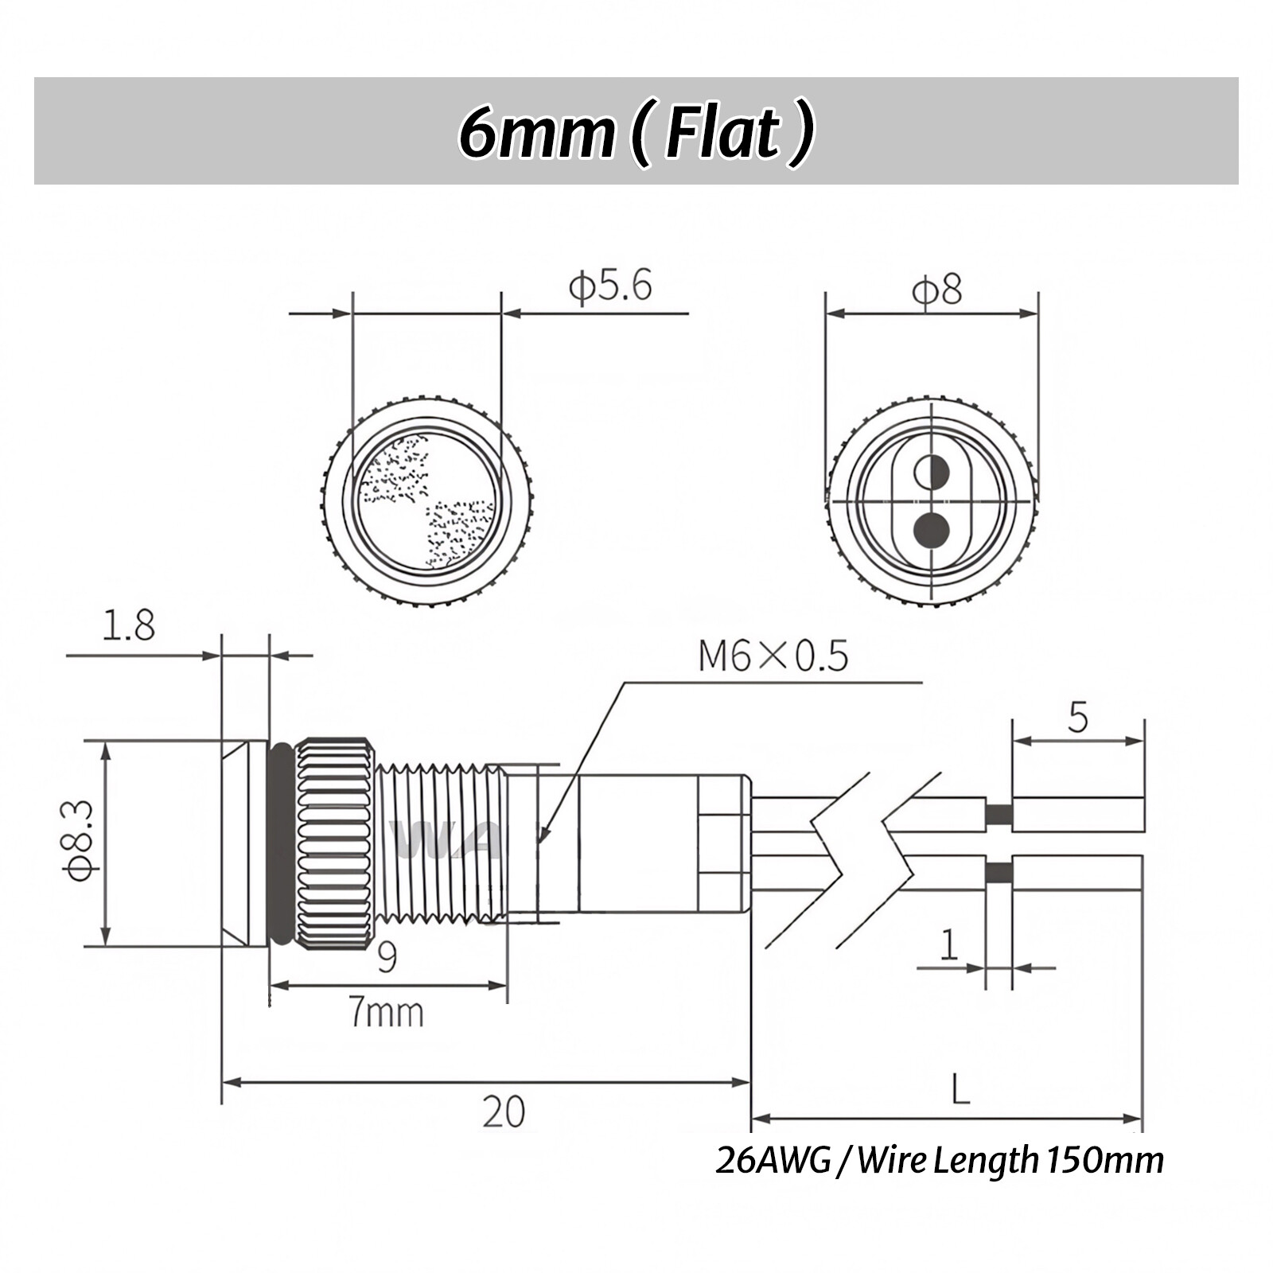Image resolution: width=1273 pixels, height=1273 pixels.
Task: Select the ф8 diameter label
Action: [936, 290]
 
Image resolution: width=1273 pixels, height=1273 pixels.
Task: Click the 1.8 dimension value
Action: [128, 626]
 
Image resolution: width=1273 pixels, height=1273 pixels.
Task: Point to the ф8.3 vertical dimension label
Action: [80, 841]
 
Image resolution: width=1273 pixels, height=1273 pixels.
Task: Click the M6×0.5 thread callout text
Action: [773, 656]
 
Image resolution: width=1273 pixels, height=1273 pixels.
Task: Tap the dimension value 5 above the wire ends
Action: [1077, 718]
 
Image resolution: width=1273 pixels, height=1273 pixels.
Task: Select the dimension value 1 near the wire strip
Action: [948, 946]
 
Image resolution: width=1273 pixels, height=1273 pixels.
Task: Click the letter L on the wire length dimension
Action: [960, 1089]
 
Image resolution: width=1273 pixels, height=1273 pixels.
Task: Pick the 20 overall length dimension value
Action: [503, 1111]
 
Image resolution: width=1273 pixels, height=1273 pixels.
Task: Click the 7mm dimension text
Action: [387, 1014]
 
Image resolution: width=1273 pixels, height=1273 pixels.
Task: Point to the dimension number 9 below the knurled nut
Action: [387, 957]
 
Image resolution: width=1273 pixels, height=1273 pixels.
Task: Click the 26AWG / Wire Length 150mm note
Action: [939, 1160]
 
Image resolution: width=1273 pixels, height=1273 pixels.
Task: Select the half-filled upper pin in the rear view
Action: [932, 473]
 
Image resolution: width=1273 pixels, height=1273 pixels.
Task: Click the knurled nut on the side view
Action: [334, 843]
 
